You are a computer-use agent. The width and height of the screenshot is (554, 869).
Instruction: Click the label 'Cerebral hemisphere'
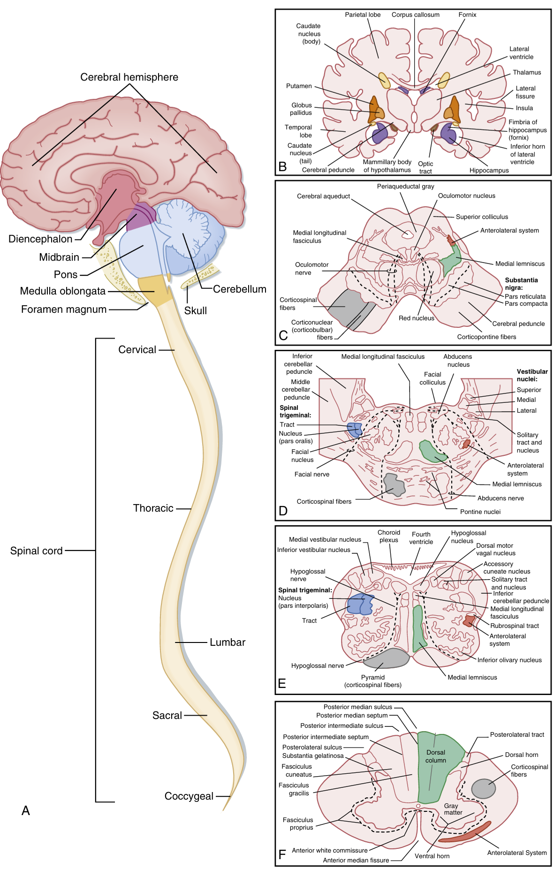129,77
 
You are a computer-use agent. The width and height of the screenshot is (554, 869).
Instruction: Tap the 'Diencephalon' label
40,239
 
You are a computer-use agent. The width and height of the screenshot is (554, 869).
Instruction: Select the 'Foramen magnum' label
64,310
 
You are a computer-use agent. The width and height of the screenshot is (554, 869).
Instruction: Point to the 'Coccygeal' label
189,796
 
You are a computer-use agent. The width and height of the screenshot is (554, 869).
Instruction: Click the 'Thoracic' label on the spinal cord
153,508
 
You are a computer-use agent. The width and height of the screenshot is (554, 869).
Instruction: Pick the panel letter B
282,166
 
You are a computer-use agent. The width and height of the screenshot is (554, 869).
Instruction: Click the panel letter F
282,854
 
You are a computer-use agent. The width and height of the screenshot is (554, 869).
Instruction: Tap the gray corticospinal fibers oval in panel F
483,789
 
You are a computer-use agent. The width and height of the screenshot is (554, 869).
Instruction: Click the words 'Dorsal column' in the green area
436,756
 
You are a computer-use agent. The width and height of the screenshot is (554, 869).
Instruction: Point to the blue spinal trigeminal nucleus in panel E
360,604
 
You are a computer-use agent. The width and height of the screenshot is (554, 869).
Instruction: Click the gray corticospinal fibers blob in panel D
394,485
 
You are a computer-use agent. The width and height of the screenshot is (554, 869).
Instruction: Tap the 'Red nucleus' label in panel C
416,318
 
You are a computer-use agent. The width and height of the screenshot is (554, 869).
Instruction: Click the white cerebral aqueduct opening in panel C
407,233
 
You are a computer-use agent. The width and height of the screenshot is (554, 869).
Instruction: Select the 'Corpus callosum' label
416,15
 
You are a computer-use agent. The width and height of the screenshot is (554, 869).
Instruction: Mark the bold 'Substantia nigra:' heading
521,284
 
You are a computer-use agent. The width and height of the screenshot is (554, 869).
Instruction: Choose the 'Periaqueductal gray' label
405,186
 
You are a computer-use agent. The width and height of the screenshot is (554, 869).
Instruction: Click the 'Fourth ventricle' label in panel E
421,538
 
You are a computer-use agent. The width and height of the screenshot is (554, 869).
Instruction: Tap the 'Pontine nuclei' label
480,512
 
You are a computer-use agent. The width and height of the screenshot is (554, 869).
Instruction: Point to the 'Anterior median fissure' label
356,860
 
